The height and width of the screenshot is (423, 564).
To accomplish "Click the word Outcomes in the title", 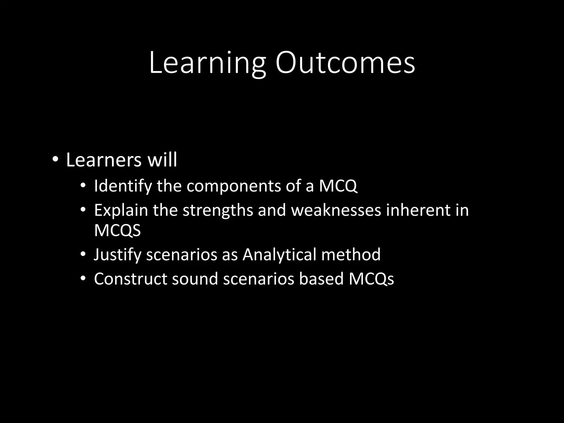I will tap(345, 63).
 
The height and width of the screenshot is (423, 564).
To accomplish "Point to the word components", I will tap(234, 186).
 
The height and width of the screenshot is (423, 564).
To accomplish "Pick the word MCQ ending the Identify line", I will tap(338, 186).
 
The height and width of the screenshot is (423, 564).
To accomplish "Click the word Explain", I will tap(121, 210).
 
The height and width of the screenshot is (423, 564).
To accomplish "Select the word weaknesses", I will tap(336, 210).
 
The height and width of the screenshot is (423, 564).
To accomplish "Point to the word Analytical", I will tap(279, 254).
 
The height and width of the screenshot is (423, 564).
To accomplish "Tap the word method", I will tap(351, 254).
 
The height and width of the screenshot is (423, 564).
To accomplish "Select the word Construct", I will tap(131, 279).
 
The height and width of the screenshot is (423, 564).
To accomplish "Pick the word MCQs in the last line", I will tap(371, 279).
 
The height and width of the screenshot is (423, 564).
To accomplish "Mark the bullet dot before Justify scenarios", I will tap(83, 254).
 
